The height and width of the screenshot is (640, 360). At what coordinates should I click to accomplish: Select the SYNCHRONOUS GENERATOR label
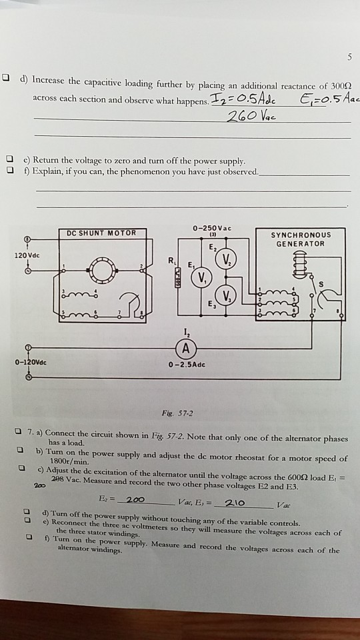point(301,239)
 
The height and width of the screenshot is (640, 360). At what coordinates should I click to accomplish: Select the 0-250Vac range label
point(210,229)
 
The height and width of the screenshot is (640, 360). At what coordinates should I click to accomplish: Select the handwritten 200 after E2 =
point(135,500)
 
